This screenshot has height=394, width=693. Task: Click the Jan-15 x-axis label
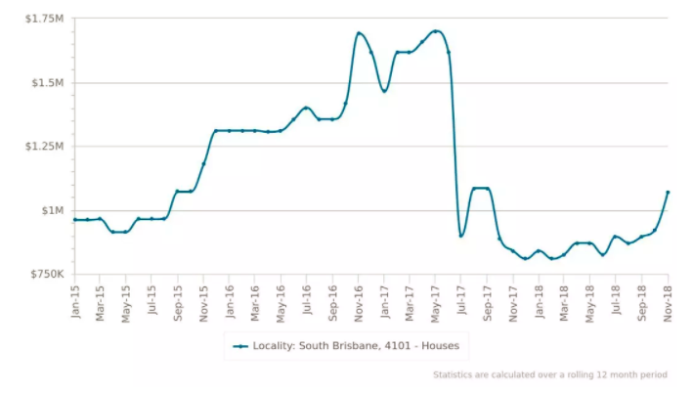point(74,298)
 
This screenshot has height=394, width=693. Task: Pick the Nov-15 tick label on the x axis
point(203,298)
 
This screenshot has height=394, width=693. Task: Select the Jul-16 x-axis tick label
point(307,297)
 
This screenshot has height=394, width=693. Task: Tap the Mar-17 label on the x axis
point(411,298)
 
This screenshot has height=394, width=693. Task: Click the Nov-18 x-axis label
point(669,298)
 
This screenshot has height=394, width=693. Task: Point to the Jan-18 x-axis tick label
point(540,298)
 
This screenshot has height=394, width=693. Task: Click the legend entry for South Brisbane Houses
point(348,345)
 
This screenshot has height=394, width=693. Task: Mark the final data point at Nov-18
point(669,192)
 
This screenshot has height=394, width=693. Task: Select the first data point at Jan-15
point(74,220)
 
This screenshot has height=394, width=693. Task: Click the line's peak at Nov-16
point(359,33)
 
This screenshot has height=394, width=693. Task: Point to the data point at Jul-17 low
point(461,236)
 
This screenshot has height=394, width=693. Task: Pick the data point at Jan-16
point(229,130)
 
